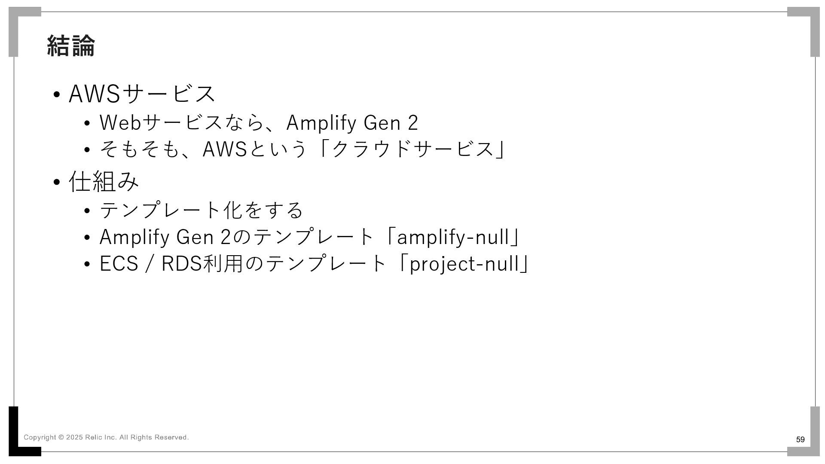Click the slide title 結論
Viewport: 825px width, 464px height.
pyautogui.click(x=71, y=46)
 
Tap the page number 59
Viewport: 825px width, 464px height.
pyautogui.click(x=800, y=440)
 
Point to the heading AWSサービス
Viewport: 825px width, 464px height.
pyautogui.click(x=142, y=93)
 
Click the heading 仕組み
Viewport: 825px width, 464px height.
pyautogui.click(x=104, y=181)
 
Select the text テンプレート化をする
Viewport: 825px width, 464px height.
pyautogui.click(x=201, y=210)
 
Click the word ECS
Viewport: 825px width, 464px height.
pyautogui.click(x=119, y=263)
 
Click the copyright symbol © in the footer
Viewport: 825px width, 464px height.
pyautogui.click(x=61, y=437)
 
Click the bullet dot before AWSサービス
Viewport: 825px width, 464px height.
pyautogui.click(x=56, y=94)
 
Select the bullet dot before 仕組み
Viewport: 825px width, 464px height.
pyautogui.click(x=56, y=182)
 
